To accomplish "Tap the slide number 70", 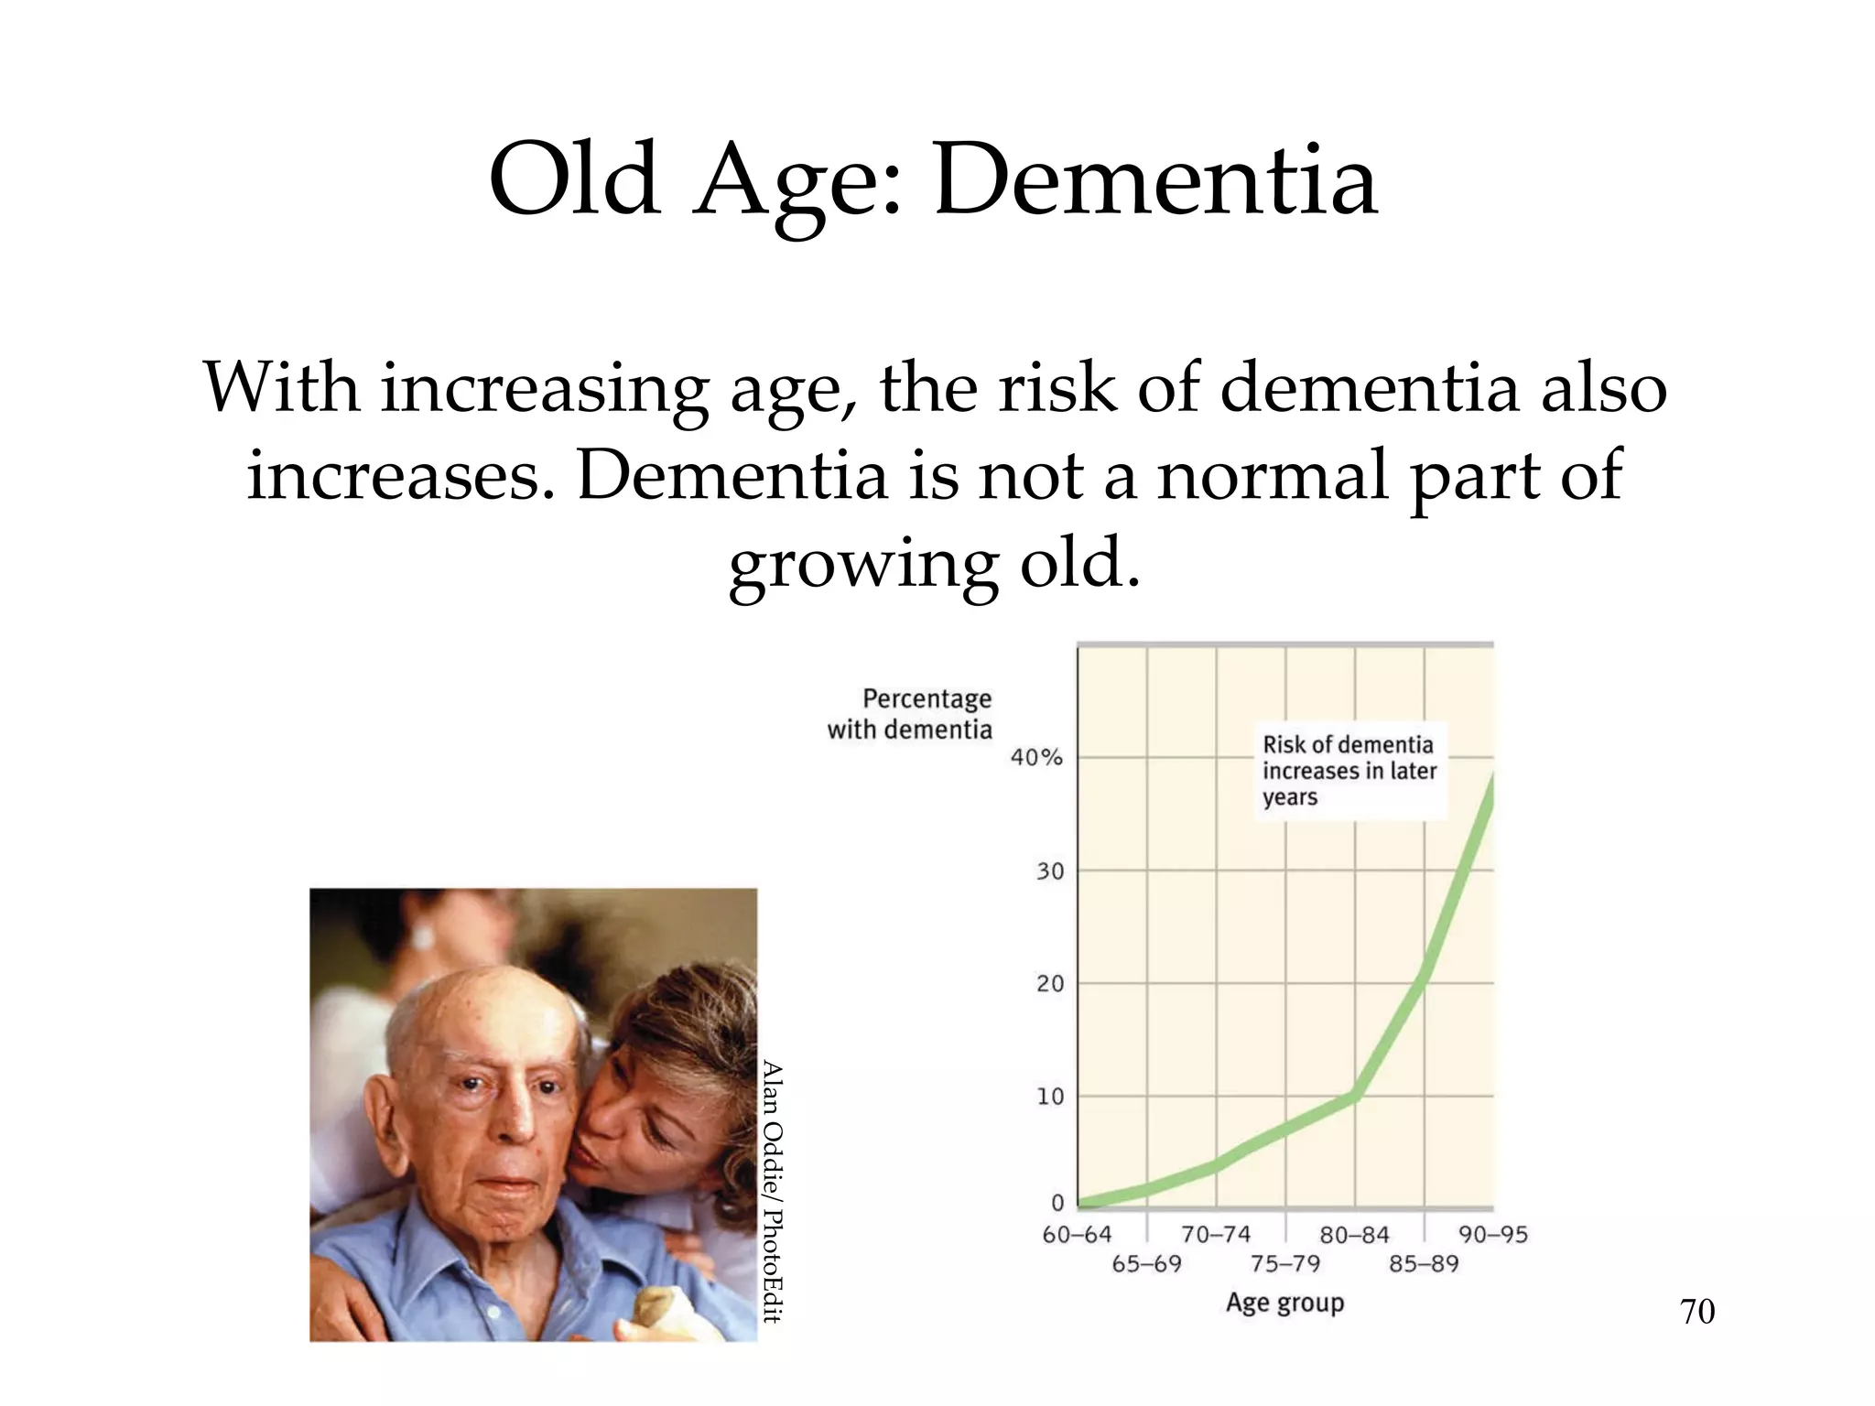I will pyautogui.click(x=1697, y=1312).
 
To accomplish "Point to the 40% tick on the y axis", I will pyautogui.click(x=1036, y=757).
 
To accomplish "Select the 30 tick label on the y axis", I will pyautogui.click(x=1050, y=871).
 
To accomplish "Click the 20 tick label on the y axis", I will pyautogui.click(x=1050, y=984).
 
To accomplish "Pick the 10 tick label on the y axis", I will pyautogui.click(x=1050, y=1097).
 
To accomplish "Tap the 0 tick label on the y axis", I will pyautogui.click(x=1057, y=1203).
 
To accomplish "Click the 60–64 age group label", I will pyautogui.click(x=1077, y=1235).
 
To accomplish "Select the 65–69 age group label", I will pyautogui.click(x=1146, y=1264).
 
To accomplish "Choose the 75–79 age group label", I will pyautogui.click(x=1285, y=1264).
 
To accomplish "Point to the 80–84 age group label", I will pyautogui.click(x=1354, y=1235).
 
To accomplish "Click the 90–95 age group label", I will pyautogui.click(x=1493, y=1235).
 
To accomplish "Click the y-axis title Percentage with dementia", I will pyautogui.click(x=910, y=714).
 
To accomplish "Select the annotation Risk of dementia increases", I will pyautogui.click(x=1349, y=771).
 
